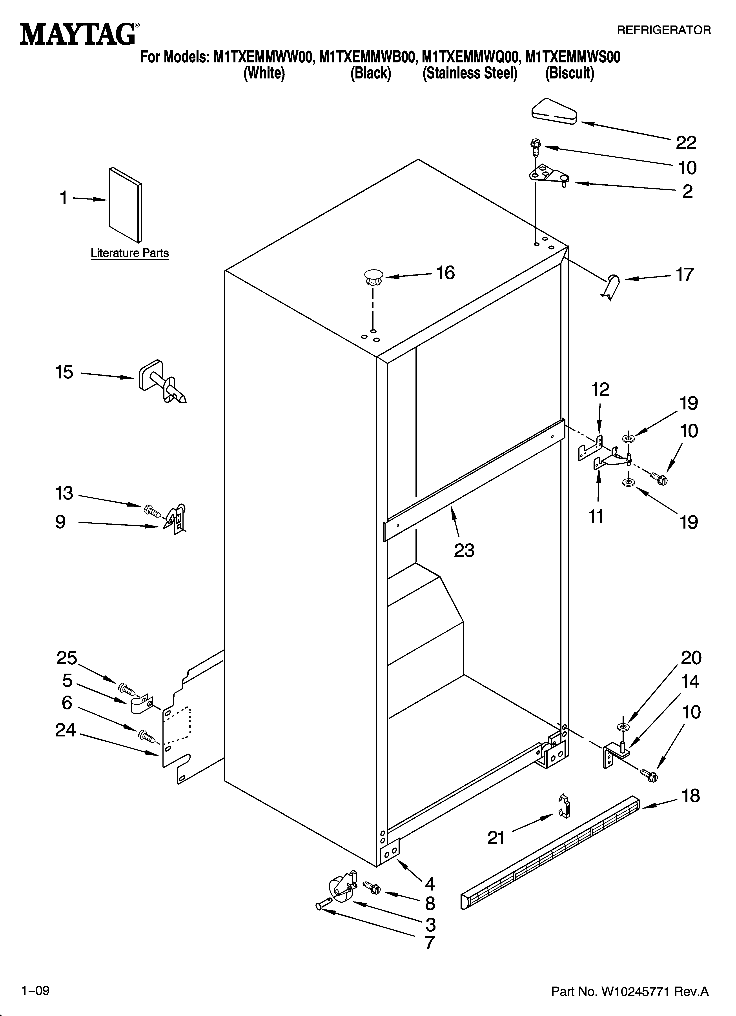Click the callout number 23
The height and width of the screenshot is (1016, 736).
click(x=464, y=551)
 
